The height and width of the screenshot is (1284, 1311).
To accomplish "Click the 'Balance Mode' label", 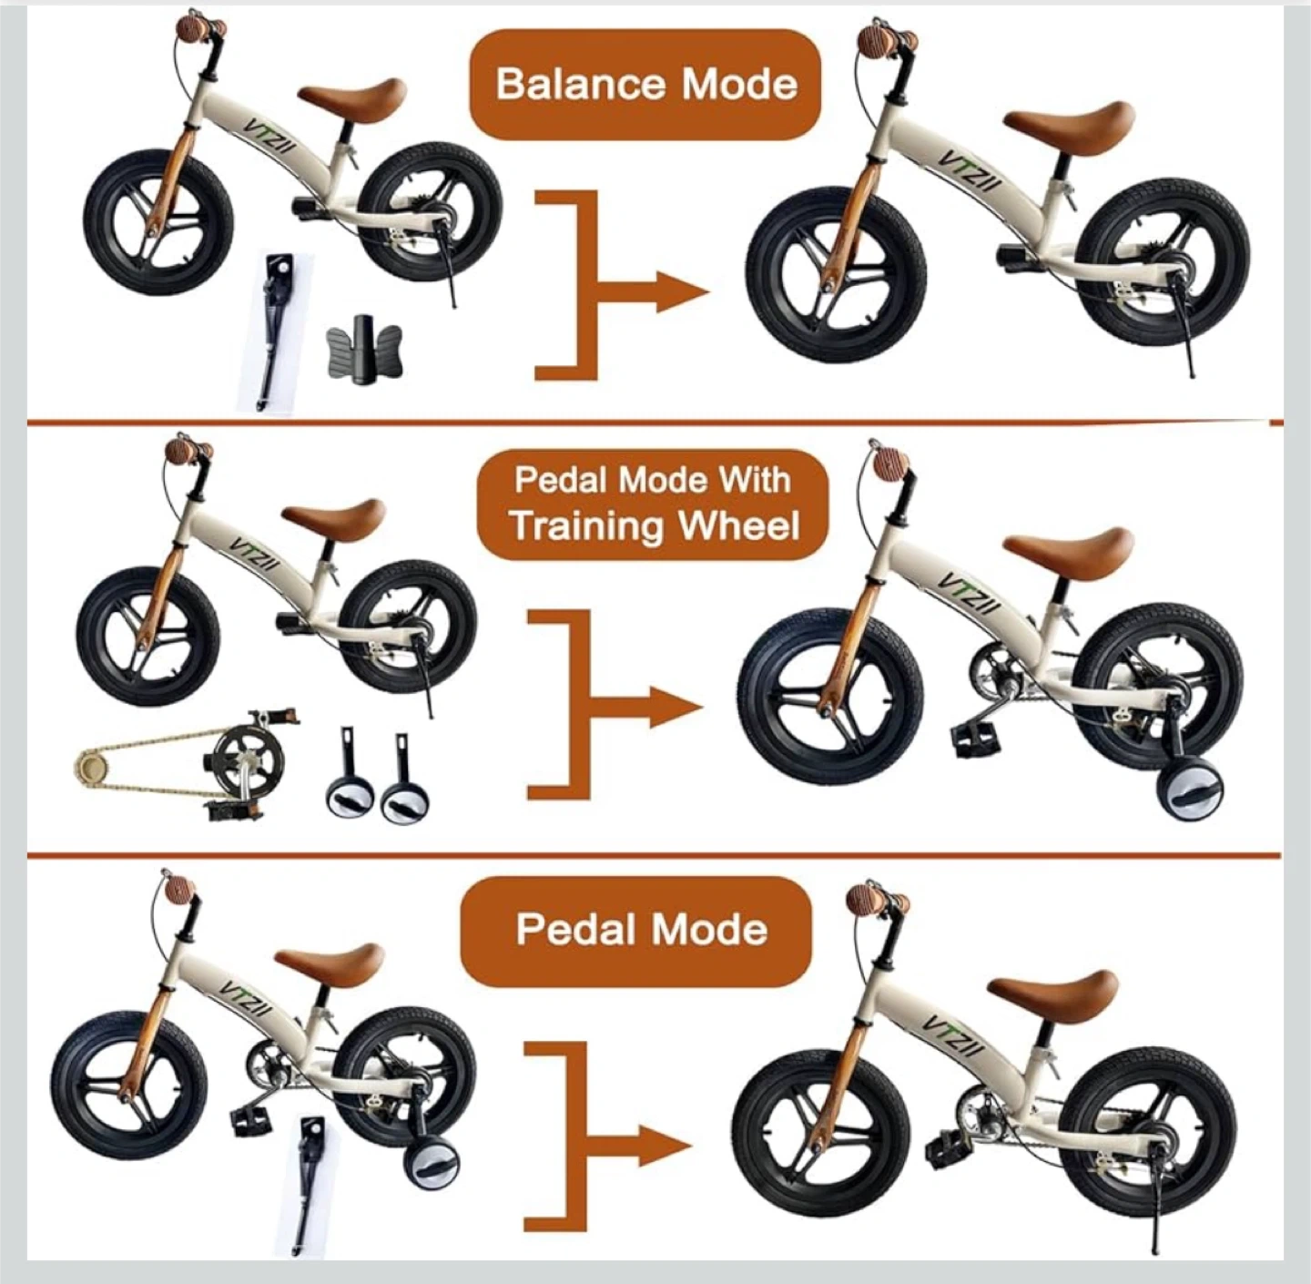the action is point(645,85).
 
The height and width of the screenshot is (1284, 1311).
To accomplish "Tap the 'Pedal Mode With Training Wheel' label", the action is point(653,504).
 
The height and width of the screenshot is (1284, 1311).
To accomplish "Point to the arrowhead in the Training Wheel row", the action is point(676,708).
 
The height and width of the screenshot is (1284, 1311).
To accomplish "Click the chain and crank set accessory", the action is point(188,766).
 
